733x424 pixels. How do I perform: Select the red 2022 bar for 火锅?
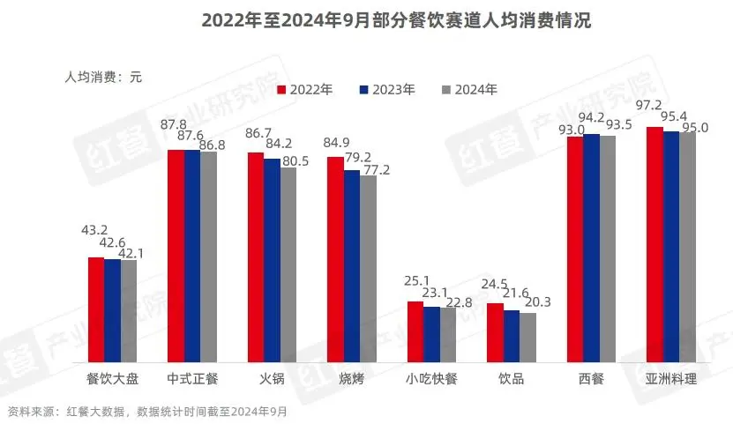point(255,257)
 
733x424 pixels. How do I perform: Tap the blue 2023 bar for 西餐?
point(591,247)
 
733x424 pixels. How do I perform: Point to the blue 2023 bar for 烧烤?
point(352,264)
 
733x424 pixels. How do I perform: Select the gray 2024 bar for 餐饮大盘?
point(129,309)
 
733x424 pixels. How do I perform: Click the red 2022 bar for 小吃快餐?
point(415,331)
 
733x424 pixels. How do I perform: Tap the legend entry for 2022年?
point(305,89)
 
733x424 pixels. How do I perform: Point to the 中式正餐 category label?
point(192,379)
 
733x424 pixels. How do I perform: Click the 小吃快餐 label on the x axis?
point(431,379)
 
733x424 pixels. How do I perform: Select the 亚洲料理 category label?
point(670,379)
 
